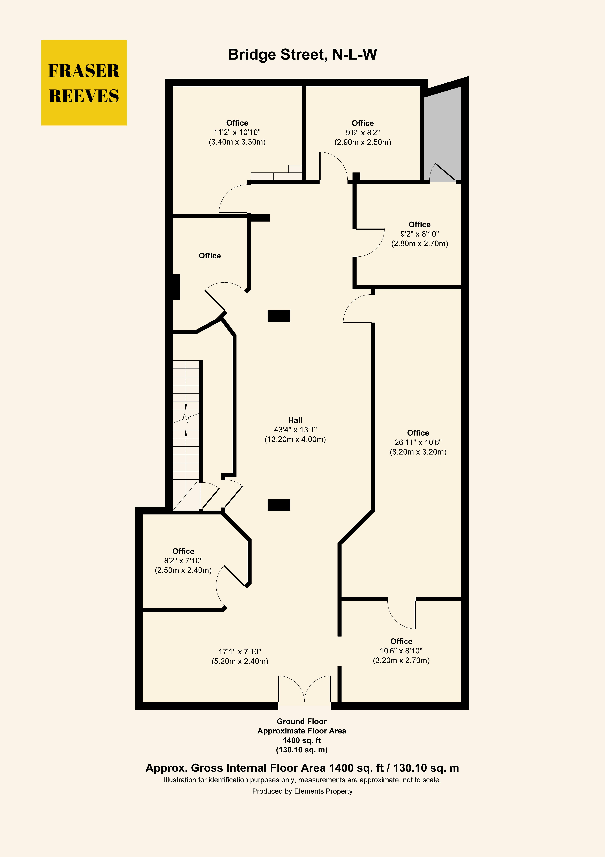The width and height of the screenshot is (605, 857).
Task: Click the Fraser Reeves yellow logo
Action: point(84,82)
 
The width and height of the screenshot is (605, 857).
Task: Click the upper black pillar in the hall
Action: point(279,316)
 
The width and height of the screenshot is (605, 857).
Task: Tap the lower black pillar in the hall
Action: point(279,505)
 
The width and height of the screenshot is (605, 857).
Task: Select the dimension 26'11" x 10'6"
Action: point(418,442)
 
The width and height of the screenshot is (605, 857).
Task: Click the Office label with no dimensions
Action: point(210,256)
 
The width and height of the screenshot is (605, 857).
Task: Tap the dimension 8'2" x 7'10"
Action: point(183,561)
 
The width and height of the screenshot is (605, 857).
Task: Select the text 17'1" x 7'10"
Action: point(240,652)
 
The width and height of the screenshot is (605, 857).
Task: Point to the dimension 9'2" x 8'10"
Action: point(420,234)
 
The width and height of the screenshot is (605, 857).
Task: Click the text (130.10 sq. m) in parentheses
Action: point(302,750)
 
